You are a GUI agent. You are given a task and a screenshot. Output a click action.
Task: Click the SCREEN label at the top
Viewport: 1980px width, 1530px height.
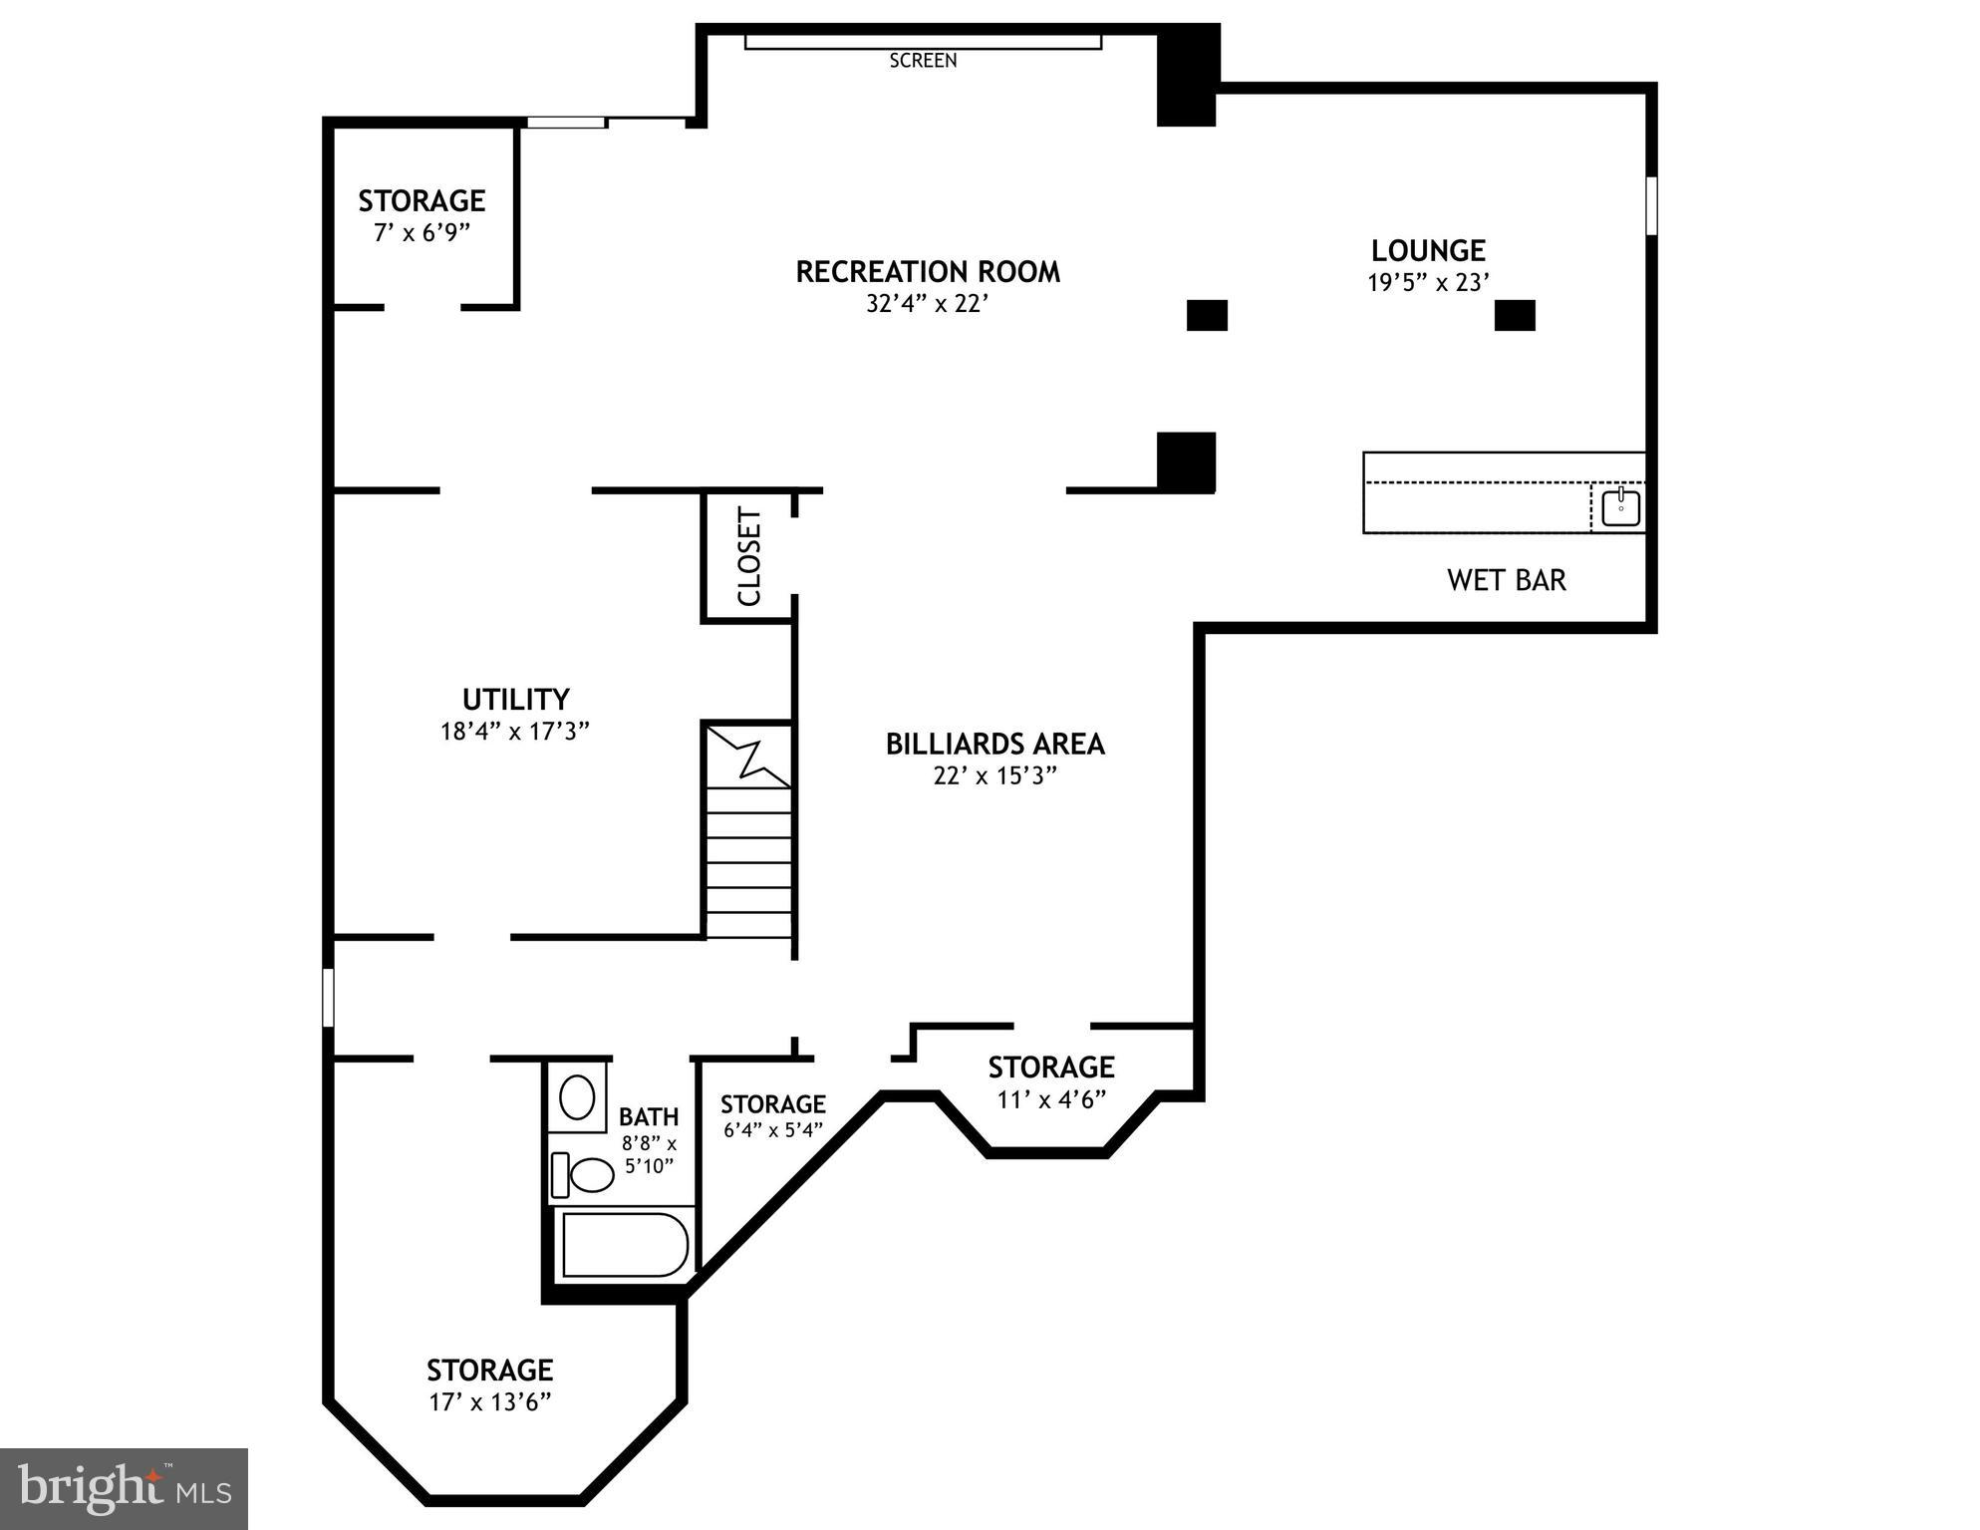click(x=923, y=61)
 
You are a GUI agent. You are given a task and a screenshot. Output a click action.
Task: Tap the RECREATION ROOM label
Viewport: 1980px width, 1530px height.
click(x=927, y=271)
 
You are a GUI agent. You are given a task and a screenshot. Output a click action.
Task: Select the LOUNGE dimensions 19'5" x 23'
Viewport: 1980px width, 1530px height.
click(x=1428, y=283)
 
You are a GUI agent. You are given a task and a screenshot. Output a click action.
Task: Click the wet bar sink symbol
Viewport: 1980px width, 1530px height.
click(x=1621, y=507)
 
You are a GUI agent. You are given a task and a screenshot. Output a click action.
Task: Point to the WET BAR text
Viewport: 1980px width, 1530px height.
click(x=1506, y=580)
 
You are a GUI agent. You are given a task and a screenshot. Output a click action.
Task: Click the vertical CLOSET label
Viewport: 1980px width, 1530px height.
click(x=749, y=556)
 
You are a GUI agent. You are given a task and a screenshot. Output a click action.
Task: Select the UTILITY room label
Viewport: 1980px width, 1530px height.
click(x=515, y=699)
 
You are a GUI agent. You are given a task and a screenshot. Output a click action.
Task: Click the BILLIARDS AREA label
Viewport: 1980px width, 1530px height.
click(x=994, y=744)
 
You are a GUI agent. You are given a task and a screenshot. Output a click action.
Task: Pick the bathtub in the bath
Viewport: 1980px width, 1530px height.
click(x=625, y=1245)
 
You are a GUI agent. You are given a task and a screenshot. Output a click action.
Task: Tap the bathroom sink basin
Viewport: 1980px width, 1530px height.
click(x=577, y=1098)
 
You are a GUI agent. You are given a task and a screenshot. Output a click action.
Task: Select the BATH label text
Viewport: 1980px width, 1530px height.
click(x=649, y=1116)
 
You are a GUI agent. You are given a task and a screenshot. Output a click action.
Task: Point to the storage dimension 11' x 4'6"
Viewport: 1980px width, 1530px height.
click(x=1051, y=1100)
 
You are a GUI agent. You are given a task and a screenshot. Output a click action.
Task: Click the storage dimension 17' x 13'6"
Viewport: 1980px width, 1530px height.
click(x=490, y=1402)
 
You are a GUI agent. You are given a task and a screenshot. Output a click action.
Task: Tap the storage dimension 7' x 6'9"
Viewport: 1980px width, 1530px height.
click(x=422, y=233)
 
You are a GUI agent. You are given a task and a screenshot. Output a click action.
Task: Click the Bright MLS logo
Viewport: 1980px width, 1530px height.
click(x=124, y=1488)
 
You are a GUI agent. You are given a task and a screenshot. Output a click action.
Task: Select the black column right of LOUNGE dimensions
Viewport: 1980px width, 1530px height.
click(x=1514, y=315)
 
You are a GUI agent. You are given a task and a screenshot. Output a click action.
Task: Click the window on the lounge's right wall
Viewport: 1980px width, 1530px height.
click(x=1650, y=205)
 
